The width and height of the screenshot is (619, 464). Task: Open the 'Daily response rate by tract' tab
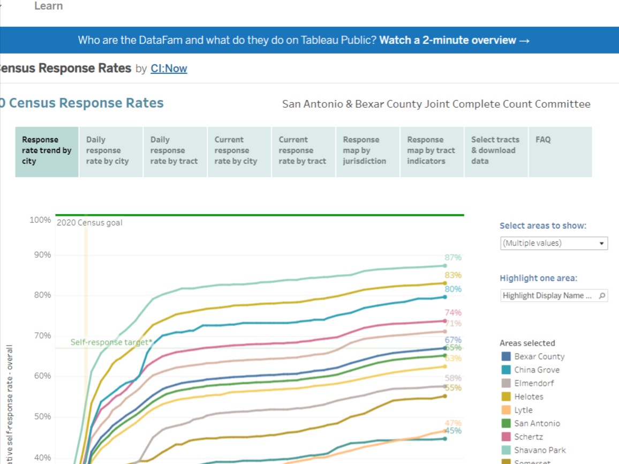point(174,151)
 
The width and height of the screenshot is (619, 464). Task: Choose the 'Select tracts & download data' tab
point(495,151)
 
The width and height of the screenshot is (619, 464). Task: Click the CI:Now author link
point(169,69)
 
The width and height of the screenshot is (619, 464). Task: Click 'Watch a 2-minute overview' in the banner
point(454,40)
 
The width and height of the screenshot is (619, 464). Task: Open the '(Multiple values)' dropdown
point(554,243)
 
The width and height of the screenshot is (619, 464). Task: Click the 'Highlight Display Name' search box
point(554,296)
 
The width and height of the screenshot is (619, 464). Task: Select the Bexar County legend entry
point(539,356)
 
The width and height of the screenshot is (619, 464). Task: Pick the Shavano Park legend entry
point(540,450)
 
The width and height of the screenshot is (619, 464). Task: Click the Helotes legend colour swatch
point(506,396)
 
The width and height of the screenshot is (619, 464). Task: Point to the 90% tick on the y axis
point(40,255)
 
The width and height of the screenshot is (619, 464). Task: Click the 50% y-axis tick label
point(40,417)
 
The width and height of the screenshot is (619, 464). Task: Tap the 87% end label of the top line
point(452,258)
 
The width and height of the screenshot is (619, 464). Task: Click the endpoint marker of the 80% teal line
point(444,297)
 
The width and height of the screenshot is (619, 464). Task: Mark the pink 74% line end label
point(453,313)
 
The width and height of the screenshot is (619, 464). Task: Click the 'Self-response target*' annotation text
point(111,342)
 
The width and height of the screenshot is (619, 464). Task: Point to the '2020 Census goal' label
point(89,223)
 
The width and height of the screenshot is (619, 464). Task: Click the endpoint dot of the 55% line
point(444,396)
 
